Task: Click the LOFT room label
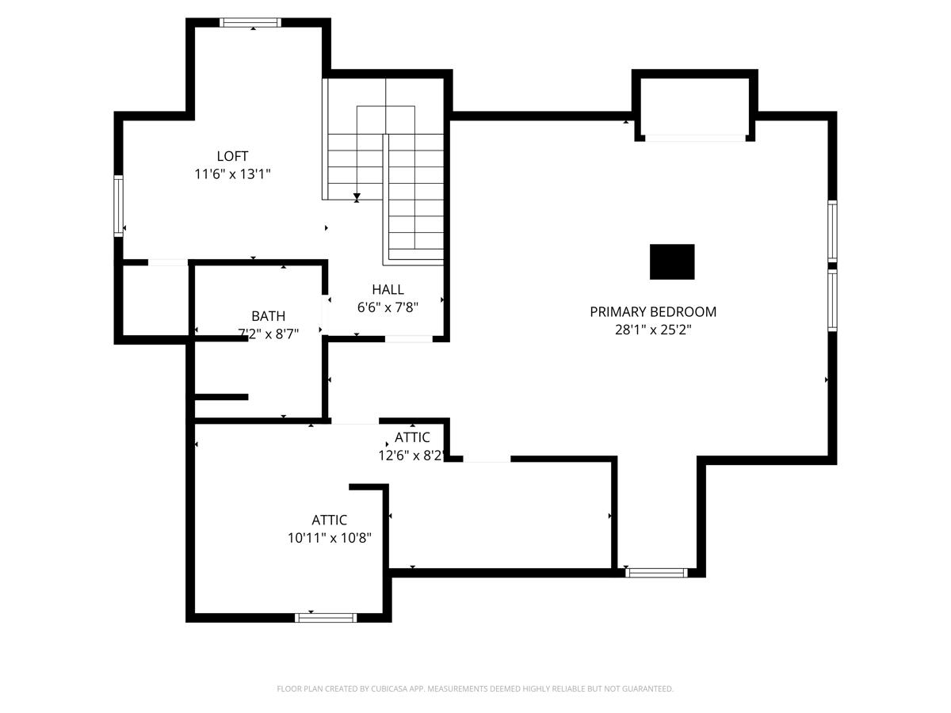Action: [232, 156]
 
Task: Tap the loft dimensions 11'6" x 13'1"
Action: [232, 174]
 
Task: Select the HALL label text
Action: [388, 289]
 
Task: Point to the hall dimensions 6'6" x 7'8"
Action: [388, 307]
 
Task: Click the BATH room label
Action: [268, 316]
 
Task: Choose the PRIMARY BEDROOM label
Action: [653, 311]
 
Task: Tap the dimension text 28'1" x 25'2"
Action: [653, 330]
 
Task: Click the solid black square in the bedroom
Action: [672, 262]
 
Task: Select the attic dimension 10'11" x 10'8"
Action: [329, 538]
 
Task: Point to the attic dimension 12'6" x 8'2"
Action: [411, 456]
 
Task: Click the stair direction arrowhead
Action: [357, 197]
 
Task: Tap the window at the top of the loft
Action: [250, 22]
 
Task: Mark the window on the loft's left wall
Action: [118, 206]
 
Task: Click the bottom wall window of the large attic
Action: [326, 618]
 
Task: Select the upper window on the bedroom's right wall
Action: [832, 231]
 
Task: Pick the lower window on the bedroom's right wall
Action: [832, 300]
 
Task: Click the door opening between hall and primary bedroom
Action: [409, 339]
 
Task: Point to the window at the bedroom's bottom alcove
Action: [656, 573]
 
